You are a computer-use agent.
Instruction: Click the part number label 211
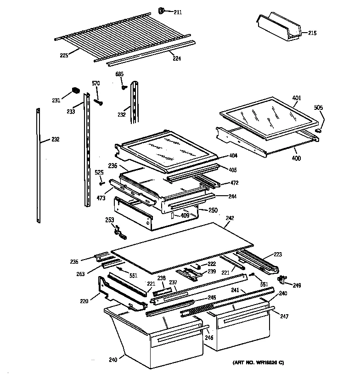pyautogui.click(x=177, y=12)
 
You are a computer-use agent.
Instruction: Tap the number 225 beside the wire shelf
pyautogui.click(x=64, y=56)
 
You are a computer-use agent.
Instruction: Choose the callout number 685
pyautogui.click(x=119, y=74)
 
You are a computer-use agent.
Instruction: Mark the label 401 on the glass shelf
pyautogui.click(x=297, y=97)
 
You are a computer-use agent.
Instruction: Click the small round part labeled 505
pyautogui.click(x=317, y=131)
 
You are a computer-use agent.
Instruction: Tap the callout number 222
pyautogui.click(x=211, y=264)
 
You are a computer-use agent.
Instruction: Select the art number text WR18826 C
pyautogui.click(x=262, y=363)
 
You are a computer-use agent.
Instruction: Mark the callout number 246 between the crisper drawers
pyautogui.click(x=209, y=338)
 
